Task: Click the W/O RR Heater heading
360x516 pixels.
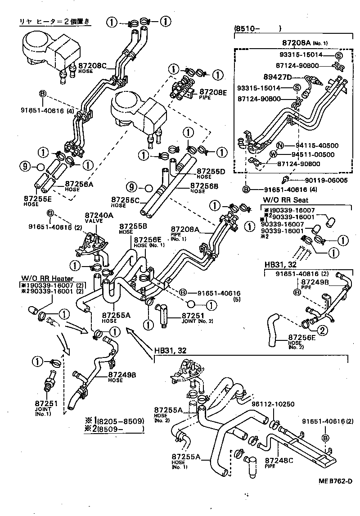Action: (41, 278)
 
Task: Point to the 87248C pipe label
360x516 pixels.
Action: (279, 460)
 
